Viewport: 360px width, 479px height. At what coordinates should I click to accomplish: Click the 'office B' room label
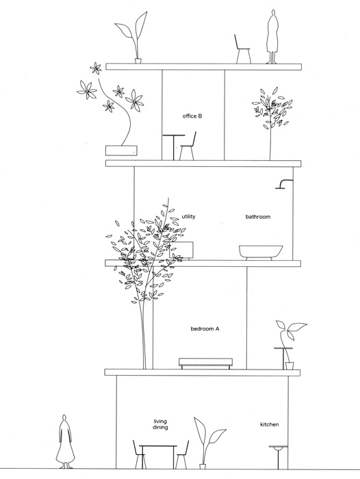192,116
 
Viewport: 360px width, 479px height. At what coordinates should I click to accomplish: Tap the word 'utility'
189,217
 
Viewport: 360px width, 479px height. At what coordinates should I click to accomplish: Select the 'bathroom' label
258,217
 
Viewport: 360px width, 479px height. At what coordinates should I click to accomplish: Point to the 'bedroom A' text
205,329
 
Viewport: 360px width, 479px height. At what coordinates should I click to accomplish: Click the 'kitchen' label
269,424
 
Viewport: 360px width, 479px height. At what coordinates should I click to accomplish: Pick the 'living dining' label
160,424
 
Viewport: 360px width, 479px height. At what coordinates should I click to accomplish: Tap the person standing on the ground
64,441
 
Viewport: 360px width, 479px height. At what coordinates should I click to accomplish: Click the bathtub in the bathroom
261,253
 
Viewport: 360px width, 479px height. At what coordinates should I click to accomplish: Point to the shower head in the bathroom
284,184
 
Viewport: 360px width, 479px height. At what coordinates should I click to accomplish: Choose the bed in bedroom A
205,363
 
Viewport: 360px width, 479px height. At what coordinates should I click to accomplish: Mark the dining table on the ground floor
158,456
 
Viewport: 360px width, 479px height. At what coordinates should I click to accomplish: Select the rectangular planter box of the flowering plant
121,151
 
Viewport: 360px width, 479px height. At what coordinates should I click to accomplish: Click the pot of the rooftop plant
138,60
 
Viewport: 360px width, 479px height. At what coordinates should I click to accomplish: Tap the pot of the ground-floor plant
203,467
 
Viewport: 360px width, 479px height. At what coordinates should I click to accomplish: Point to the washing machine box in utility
181,250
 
